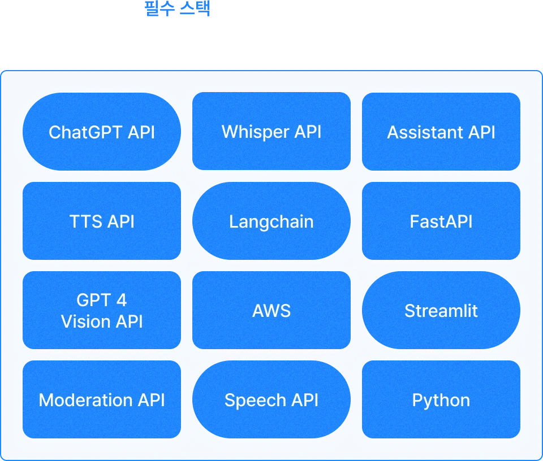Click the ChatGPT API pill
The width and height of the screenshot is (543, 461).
(x=102, y=132)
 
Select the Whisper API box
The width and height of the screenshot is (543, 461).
(x=271, y=132)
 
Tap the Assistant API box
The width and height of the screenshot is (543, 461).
(x=441, y=132)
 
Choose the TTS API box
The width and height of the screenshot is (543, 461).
(x=102, y=221)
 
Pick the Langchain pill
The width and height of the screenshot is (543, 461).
(x=271, y=221)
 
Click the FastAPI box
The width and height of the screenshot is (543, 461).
(x=441, y=221)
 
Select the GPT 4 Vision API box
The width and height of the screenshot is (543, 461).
(x=102, y=310)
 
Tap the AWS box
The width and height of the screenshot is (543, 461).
(x=271, y=310)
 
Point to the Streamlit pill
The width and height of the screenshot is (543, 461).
(x=441, y=310)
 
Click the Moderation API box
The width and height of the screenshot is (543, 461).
(x=102, y=400)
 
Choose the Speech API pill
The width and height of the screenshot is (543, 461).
(x=271, y=400)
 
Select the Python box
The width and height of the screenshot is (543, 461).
(x=441, y=400)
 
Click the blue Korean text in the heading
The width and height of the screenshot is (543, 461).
(x=178, y=9)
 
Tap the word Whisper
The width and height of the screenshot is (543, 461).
(x=255, y=132)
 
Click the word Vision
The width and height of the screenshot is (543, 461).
(x=85, y=321)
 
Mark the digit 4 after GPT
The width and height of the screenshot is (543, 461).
(x=121, y=300)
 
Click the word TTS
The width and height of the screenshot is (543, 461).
(x=85, y=221)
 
